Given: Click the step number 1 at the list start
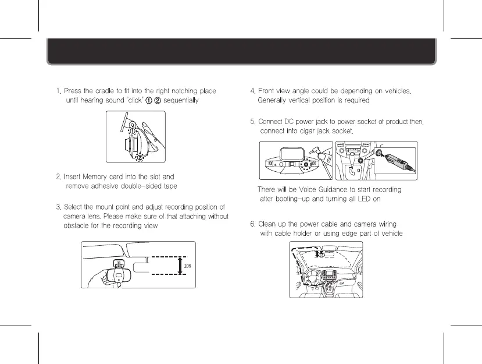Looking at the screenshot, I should pos(58,91).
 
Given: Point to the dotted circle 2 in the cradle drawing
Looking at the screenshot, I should pos(139,156).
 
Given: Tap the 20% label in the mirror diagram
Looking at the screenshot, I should pos(188,266).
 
